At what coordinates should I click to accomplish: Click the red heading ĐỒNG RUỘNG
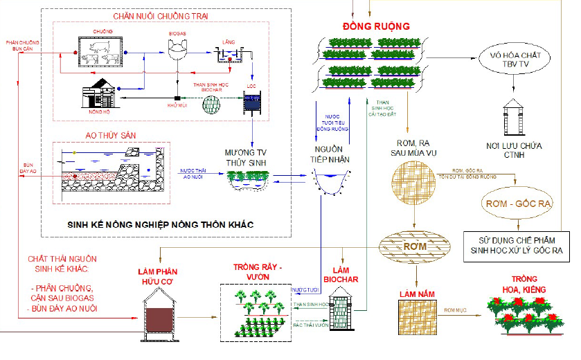click(377, 26)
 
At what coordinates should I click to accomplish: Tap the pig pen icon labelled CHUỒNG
click(101, 53)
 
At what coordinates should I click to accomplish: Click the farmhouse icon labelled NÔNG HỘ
click(101, 93)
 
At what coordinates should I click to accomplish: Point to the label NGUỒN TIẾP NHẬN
click(330, 153)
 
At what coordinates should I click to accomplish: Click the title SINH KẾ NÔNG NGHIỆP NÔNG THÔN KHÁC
click(160, 225)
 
